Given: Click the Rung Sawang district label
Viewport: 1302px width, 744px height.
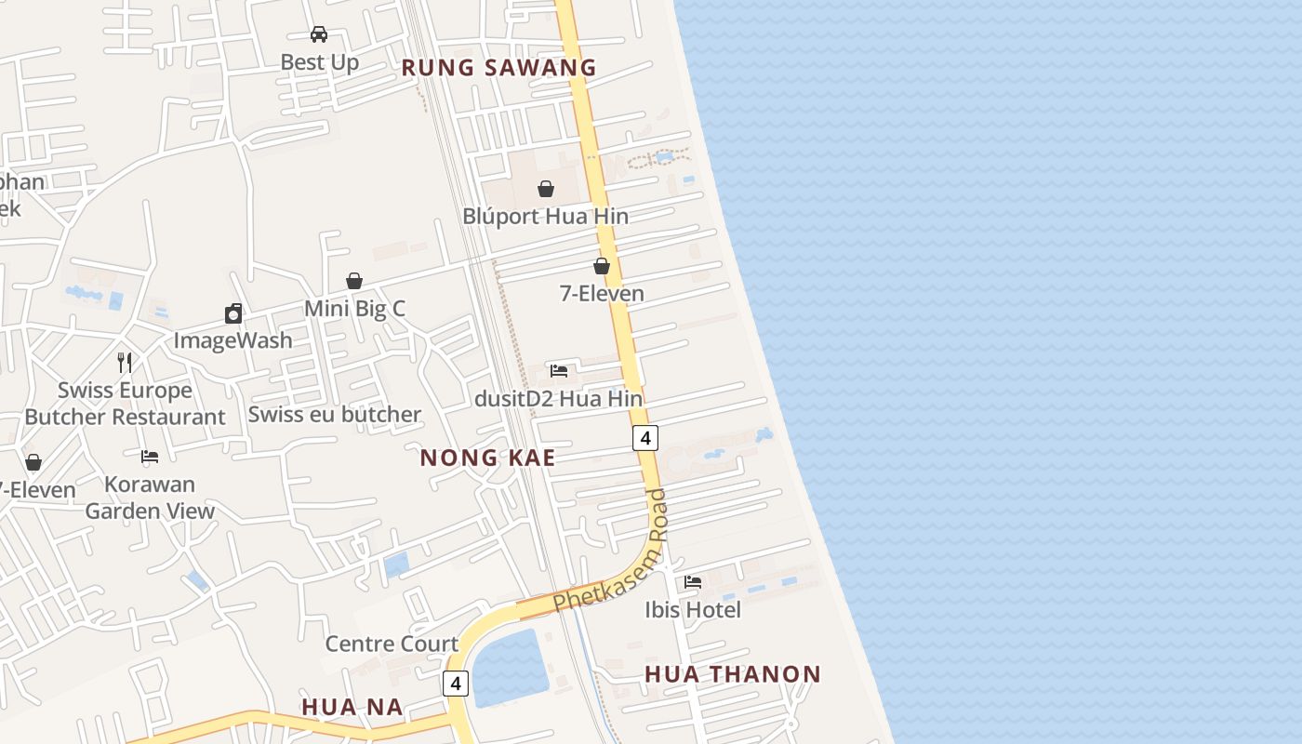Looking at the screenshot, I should pos(498,67).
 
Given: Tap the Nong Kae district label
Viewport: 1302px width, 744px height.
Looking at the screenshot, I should pos(487,458).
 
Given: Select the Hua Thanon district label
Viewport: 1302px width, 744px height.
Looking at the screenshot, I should pos(733,674).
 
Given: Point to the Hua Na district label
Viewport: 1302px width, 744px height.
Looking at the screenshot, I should pos(352,708).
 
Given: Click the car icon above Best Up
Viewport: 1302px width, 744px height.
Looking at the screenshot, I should pos(319,34).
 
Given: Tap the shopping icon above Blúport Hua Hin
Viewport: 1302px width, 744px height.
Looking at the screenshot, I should pos(546,189).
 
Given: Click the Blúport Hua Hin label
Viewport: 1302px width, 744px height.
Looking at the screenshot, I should pos(546,217).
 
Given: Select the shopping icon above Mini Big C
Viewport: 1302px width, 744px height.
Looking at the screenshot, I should pos(354,281).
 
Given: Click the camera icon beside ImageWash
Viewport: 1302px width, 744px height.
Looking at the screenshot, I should pos(233,313).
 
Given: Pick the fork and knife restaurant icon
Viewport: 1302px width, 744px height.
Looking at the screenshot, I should pos(125,362).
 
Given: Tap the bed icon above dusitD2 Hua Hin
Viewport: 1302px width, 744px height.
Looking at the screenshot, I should pos(559,370).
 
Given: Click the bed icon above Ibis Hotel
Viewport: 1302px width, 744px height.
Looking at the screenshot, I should pos(693,582).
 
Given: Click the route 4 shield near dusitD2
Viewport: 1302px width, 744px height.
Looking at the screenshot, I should pos(645,437).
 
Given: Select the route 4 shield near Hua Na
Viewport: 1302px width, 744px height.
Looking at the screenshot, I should pos(455,684).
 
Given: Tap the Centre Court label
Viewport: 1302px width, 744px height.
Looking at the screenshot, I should pos(392,644).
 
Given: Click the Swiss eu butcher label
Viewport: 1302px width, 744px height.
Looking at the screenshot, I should pos(335,415).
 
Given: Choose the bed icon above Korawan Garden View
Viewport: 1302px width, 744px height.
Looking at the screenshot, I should pos(150,457).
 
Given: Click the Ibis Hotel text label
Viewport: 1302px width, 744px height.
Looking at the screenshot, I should pos(693,610).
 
